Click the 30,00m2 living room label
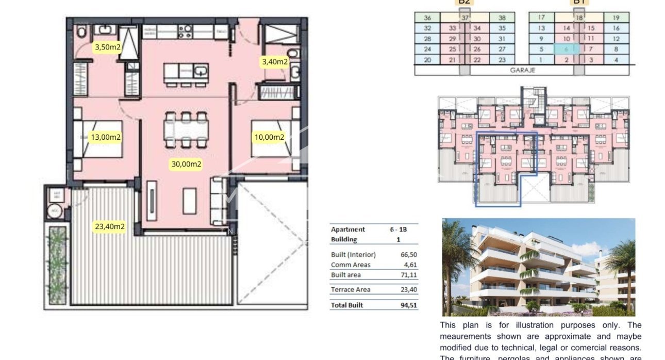tap(186, 165)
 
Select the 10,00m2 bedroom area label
tap(269, 137)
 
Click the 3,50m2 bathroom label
tap(107, 47)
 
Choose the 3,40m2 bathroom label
tap(275, 62)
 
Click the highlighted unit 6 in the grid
tap(566, 50)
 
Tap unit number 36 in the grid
tap(427, 18)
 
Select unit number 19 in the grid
tap(616, 18)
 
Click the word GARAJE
tap(523, 70)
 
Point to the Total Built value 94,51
tap(409, 305)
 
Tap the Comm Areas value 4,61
tap(410, 265)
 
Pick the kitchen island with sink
tap(186, 73)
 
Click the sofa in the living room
tap(218, 202)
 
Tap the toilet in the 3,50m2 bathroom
tap(81, 32)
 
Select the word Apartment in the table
tap(347, 230)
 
